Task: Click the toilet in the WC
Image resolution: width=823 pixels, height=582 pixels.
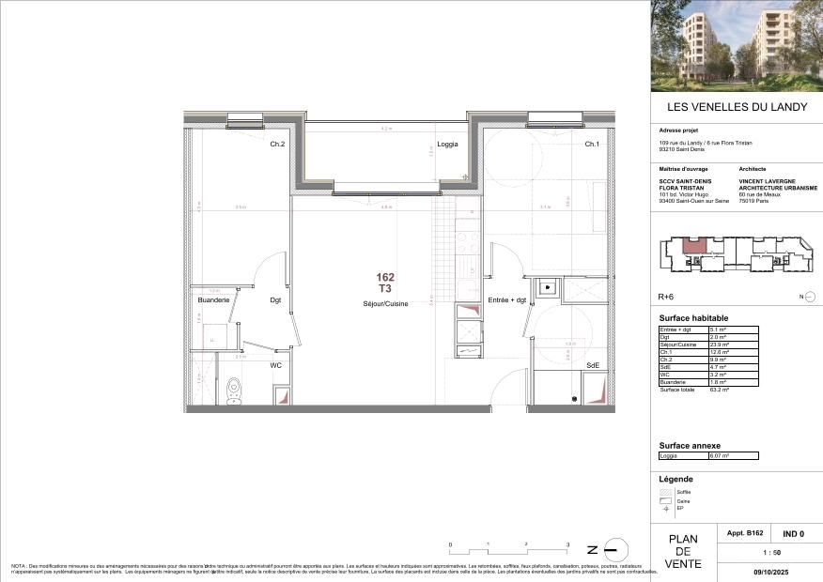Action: [x=233, y=390]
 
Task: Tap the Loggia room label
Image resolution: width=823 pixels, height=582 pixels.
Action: [x=447, y=145]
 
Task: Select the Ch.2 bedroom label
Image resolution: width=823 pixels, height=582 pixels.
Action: [x=277, y=145]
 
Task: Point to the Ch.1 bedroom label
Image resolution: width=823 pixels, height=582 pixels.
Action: [x=592, y=145]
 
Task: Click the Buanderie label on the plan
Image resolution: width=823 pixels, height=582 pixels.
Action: [x=213, y=299]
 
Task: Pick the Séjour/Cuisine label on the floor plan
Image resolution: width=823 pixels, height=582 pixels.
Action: [x=385, y=304]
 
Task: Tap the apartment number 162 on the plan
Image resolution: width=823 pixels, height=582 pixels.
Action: [x=385, y=277]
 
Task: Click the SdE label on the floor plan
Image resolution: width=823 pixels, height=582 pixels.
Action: [x=593, y=365]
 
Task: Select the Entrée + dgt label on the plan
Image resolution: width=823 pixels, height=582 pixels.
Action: [x=506, y=299]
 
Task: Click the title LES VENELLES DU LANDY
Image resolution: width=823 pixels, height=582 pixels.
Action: [x=737, y=107]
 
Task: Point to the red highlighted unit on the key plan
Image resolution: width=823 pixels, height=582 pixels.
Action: [x=693, y=249]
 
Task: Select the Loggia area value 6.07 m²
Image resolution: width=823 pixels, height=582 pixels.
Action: [x=719, y=455]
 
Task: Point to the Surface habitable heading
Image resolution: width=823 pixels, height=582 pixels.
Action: [x=693, y=318]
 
